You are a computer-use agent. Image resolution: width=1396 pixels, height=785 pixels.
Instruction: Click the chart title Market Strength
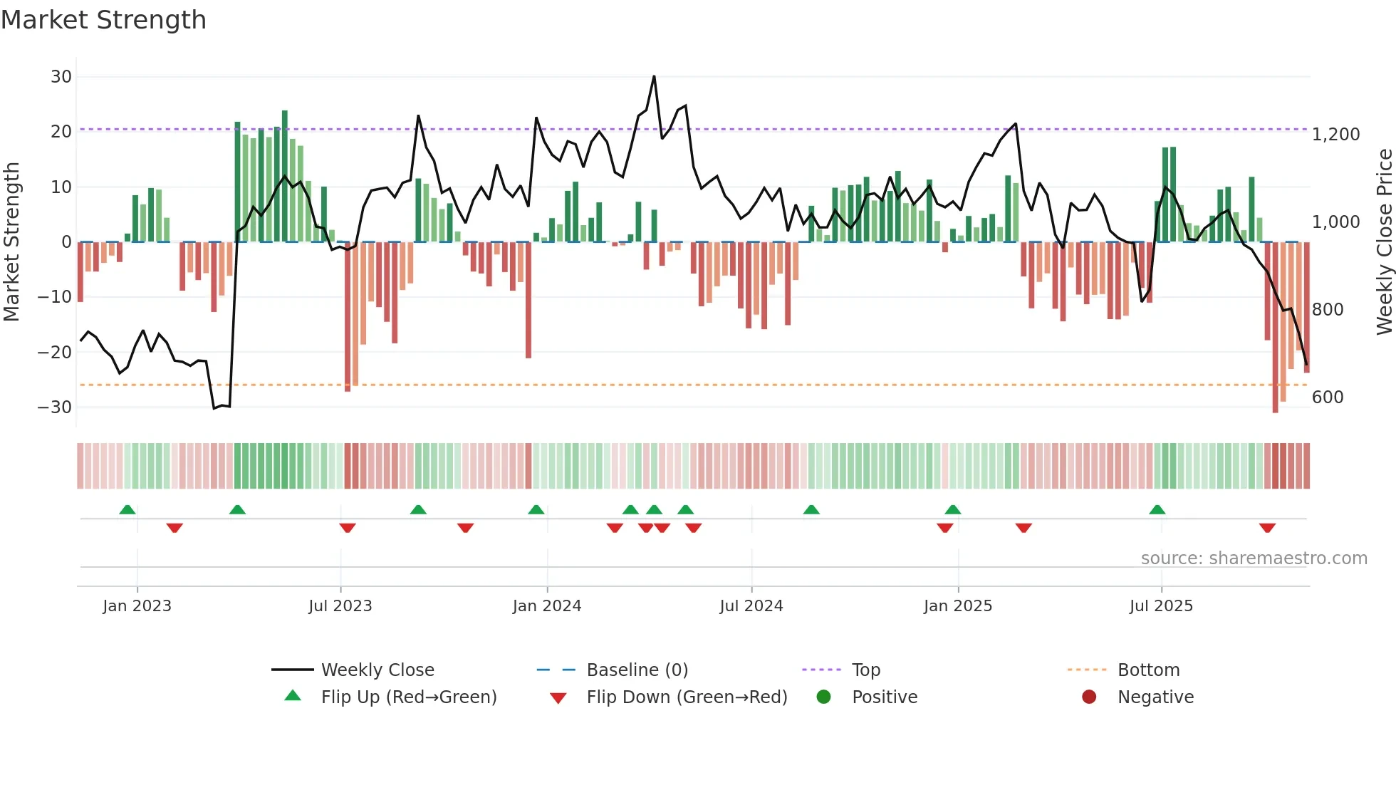point(103,20)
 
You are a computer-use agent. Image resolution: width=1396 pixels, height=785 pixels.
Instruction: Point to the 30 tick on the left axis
point(61,77)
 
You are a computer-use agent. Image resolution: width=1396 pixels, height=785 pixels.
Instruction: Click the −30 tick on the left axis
point(56,407)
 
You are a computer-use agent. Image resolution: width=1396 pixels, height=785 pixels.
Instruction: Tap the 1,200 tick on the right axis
point(1335,135)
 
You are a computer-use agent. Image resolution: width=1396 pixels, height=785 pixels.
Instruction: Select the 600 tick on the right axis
point(1328,397)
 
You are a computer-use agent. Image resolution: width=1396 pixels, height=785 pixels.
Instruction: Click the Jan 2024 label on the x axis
point(547,606)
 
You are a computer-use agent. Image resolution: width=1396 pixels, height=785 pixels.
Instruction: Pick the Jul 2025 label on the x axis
point(1161,606)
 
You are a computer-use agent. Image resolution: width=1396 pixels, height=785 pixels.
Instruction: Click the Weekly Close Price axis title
point(1384,242)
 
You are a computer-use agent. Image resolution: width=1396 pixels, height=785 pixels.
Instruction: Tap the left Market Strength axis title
point(11,242)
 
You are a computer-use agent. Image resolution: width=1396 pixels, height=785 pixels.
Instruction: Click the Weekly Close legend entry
point(377,670)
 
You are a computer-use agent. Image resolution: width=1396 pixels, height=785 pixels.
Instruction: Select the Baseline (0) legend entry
point(637,670)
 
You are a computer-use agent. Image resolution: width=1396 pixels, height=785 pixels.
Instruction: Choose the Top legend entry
point(866,670)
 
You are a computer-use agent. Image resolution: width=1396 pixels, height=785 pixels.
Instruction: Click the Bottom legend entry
point(1148,670)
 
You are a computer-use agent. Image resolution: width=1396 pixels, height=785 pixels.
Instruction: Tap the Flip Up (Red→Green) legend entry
point(408,697)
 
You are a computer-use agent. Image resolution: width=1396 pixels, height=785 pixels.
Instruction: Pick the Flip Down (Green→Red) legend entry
point(687,697)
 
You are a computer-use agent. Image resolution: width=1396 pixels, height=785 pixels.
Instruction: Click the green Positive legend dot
point(824,697)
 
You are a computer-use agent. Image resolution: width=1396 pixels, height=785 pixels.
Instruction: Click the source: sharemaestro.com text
point(1254,558)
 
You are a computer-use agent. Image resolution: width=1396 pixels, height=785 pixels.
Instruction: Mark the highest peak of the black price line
point(654,77)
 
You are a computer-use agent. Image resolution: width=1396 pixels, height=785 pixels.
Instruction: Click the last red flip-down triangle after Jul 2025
point(1267,528)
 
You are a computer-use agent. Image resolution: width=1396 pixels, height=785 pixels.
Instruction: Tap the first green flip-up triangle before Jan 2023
point(127,510)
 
